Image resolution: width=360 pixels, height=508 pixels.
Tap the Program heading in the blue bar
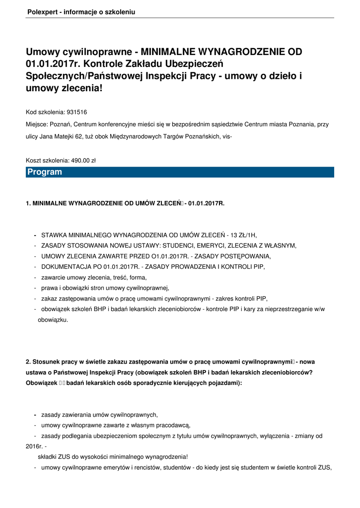coord(45,172)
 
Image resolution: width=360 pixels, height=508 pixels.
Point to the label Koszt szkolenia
coord(46,160)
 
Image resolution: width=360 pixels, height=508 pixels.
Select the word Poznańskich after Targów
coord(204,136)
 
